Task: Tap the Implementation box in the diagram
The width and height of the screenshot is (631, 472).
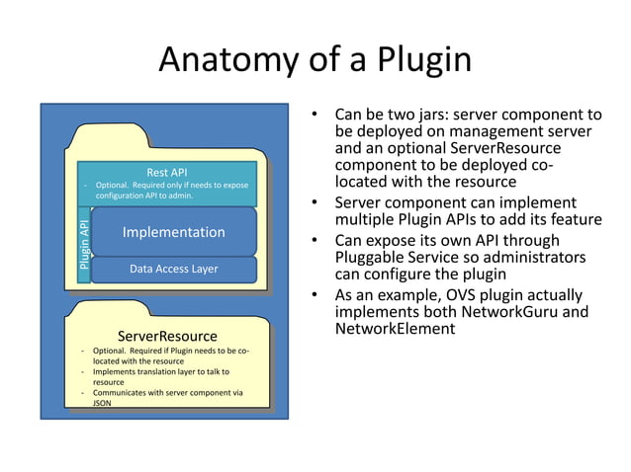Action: pos(173,232)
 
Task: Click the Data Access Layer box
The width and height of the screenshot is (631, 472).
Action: pos(173,269)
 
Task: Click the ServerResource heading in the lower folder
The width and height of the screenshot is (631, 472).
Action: pos(167,337)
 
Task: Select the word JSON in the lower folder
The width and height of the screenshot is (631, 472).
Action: pos(103,404)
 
